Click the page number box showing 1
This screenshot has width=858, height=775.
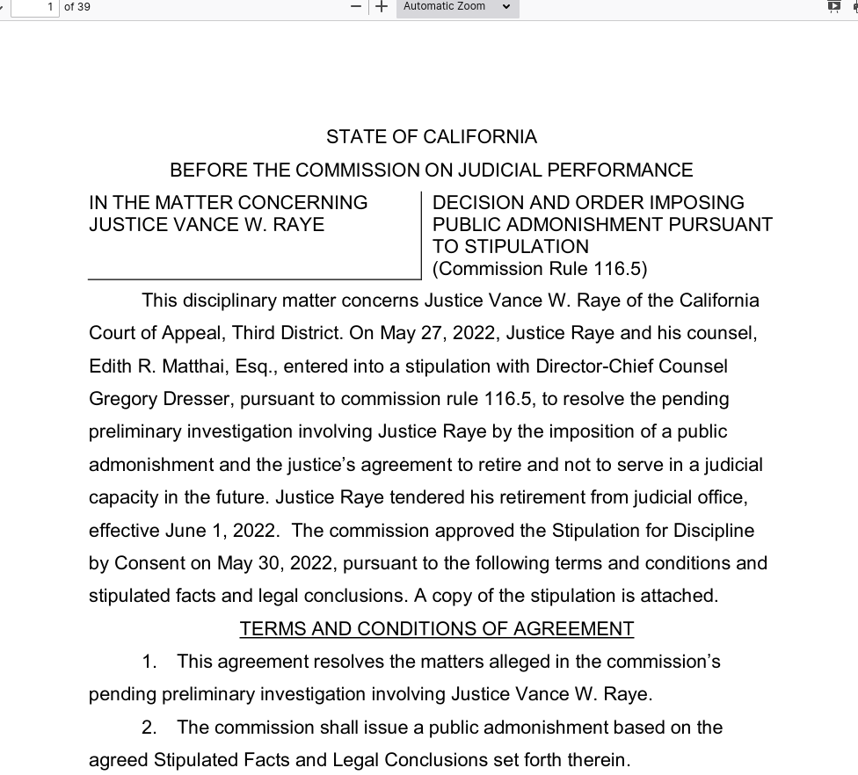tap(35, 7)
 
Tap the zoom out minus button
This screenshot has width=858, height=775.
tap(356, 7)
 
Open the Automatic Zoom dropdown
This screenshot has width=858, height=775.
tap(457, 7)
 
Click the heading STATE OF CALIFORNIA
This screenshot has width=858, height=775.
tap(431, 137)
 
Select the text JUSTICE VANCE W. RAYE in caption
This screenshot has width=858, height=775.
tap(207, 225)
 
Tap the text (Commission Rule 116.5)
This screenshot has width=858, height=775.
tap(539, 269)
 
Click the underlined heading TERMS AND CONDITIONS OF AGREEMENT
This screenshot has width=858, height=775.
tap(436, 629)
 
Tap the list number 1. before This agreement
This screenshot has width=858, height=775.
tap(149, 662)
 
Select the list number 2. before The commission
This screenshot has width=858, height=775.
tap(149, 728)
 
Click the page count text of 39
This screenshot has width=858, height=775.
tap(77, 7)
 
